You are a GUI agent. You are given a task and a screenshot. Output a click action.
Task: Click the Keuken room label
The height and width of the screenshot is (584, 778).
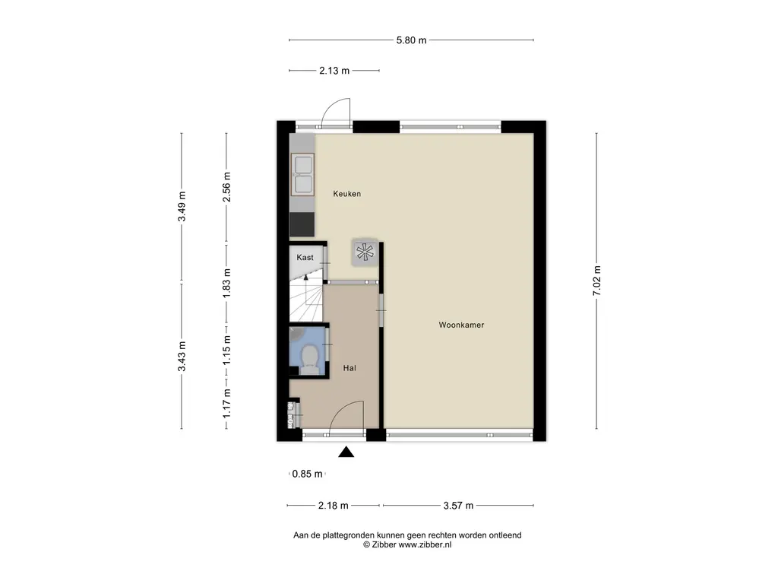pyautogui.click(x=346, y=194)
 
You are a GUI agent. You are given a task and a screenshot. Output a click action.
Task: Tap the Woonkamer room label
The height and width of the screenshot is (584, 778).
pyautogui.click(x=461, y=325)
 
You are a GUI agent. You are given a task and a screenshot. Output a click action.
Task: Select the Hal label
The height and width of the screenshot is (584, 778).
pyautogui.click(x=349, y=368)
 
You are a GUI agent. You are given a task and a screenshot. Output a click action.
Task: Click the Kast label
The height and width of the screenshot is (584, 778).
pyautogui.click(x=305, y=257)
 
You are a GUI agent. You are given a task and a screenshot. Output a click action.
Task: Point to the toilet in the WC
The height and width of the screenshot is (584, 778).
pyautogui.click(x=310, y=359)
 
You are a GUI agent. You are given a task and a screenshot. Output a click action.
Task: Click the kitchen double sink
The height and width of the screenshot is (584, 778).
pyautogui.click(x=302, y=173)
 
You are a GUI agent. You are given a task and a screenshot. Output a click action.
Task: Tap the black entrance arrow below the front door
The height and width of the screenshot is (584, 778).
pyautogui.click(x=346, y=452)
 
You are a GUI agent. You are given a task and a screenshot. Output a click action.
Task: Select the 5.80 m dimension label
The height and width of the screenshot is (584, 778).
pyautogui.click(x=411, y=40)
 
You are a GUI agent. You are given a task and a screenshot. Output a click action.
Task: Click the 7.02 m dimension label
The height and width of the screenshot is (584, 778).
pyautogui.click(x=597, y=281)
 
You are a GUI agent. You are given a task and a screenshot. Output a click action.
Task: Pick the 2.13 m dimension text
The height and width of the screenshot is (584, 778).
pyautogui.click(x=334, y=71)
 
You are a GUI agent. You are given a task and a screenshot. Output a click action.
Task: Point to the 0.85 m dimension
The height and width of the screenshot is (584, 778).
pyautogui.click(x=307, y=474)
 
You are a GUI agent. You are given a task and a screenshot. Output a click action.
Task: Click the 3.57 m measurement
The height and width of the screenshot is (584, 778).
pyautogui.click(x=458, y=506)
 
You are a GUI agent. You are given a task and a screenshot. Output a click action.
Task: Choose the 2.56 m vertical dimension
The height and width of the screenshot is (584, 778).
pyautogui.click(x=226, y=187)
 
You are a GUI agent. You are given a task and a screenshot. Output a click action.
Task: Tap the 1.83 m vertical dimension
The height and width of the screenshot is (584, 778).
pyautogui.click(x=226, y=283)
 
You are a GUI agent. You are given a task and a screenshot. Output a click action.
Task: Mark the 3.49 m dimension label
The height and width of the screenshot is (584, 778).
pyautogui.click(x=182, y=206)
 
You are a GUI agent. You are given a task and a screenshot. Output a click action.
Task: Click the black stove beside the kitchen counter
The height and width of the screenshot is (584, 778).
pyautogui.click(x=302, y=224)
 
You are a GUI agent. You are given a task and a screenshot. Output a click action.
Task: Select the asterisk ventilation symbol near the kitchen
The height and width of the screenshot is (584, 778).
pyautogui.click(x=364, y=252)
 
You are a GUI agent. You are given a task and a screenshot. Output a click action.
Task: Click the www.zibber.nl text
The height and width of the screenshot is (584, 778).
pyautogui.click(x=425, y=544)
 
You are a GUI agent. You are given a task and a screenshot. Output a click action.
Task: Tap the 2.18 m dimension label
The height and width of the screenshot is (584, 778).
pyautogui.click(x=333, y=506)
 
